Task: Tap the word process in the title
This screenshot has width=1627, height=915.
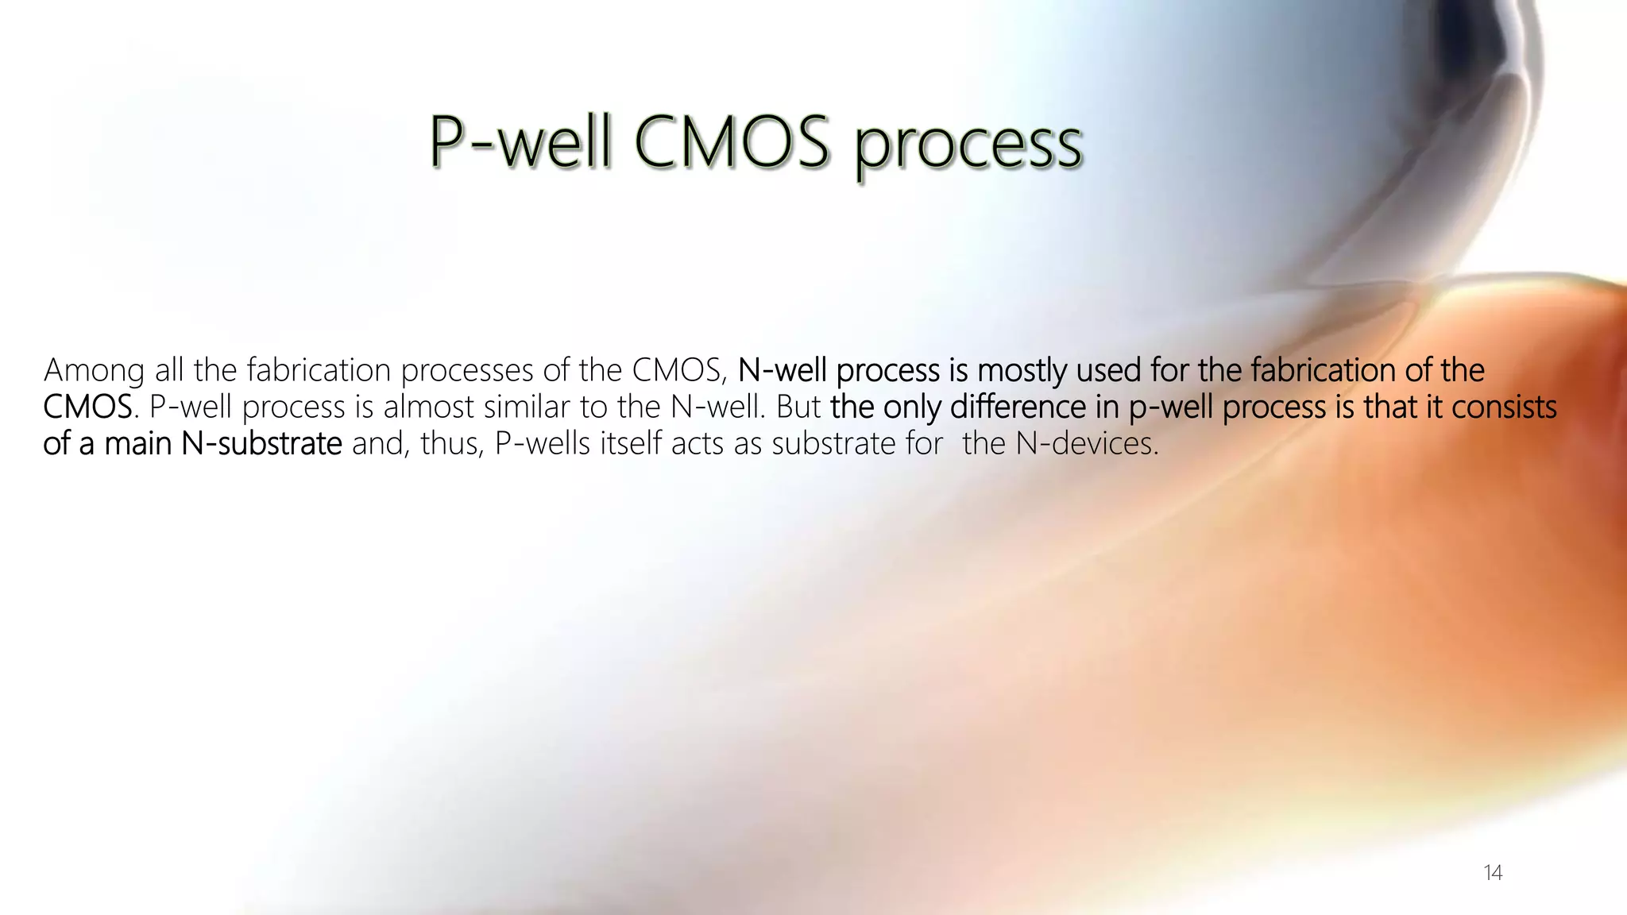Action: pos(968,147)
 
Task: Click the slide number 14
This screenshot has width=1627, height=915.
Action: pos(1492,873)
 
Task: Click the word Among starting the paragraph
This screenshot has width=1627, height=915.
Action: pos(94,371)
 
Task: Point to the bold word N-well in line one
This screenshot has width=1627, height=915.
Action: pos(782,370)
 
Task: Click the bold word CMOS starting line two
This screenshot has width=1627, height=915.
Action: pos(87,407)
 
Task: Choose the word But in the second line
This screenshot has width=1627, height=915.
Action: pos(798,407)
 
